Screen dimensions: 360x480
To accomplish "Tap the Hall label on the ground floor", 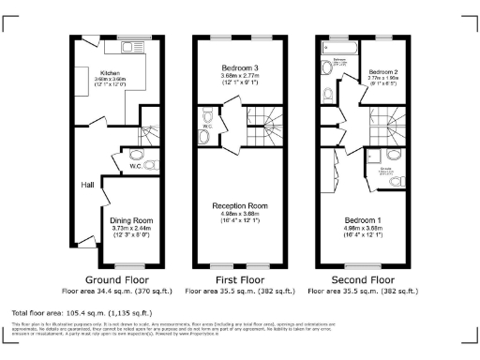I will coord(86,185).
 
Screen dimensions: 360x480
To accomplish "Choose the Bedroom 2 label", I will coord(382,72).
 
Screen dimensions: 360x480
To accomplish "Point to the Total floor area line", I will coord(82,311).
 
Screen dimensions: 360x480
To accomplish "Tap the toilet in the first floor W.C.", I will coord(208,119).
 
